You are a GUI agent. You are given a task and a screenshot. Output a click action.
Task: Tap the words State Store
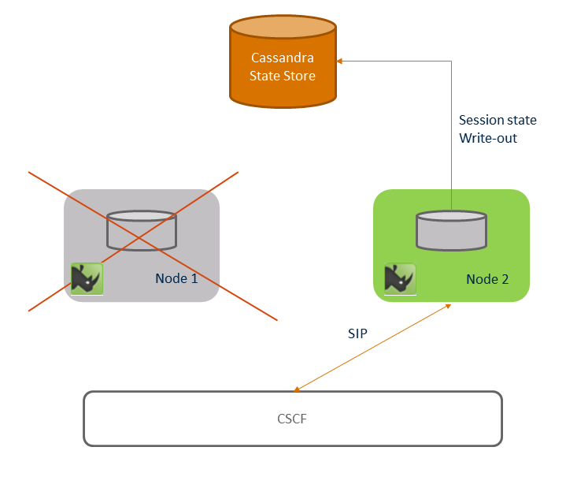283,76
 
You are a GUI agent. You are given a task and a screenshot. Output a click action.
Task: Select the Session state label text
498,121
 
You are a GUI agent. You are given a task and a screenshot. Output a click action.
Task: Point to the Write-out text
488,138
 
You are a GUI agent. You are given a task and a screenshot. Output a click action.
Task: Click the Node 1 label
176,278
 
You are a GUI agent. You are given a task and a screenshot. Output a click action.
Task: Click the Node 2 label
488,278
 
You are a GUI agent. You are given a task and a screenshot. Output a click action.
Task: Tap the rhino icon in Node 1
87,278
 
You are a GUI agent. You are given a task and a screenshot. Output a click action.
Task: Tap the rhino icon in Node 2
400,278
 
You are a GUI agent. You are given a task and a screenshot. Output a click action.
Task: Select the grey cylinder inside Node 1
142,230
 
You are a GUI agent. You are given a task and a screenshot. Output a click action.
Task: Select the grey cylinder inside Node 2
451,230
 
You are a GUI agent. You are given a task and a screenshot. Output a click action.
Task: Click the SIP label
357,333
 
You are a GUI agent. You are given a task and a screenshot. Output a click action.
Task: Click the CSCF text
292,418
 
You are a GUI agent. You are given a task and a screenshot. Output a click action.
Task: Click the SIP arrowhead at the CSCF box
296,389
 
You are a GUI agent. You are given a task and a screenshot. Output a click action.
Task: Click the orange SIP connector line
372,347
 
